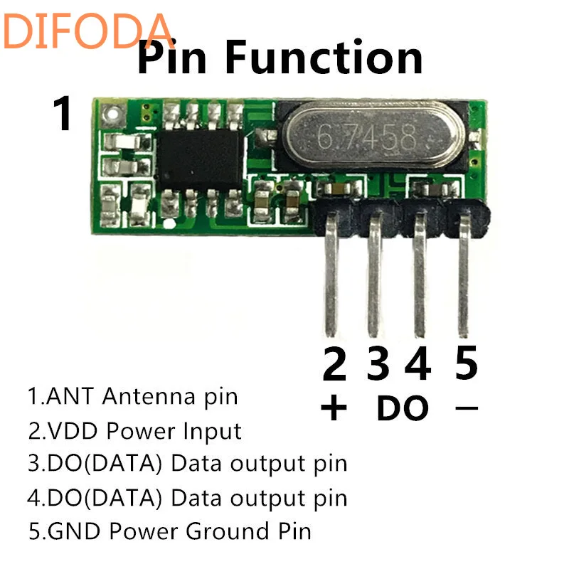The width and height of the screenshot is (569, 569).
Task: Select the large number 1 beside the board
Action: coord(63,114)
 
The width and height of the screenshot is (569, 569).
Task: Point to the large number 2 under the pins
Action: coord(334,364)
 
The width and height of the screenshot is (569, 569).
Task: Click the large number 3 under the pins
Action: coord(379,364)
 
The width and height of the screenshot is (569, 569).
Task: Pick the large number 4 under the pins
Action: coord(418,364)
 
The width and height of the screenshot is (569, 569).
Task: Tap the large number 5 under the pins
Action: coord(466,364)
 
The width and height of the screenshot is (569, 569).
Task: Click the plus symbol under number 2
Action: coord(334,408)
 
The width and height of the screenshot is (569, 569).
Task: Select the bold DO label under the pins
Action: coord(402,408)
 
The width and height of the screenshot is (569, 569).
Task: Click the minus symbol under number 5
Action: coord(466,408)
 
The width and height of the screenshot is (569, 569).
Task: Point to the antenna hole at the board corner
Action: coord(109,112)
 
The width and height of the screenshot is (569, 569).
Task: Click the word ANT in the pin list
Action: coord(71,395)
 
